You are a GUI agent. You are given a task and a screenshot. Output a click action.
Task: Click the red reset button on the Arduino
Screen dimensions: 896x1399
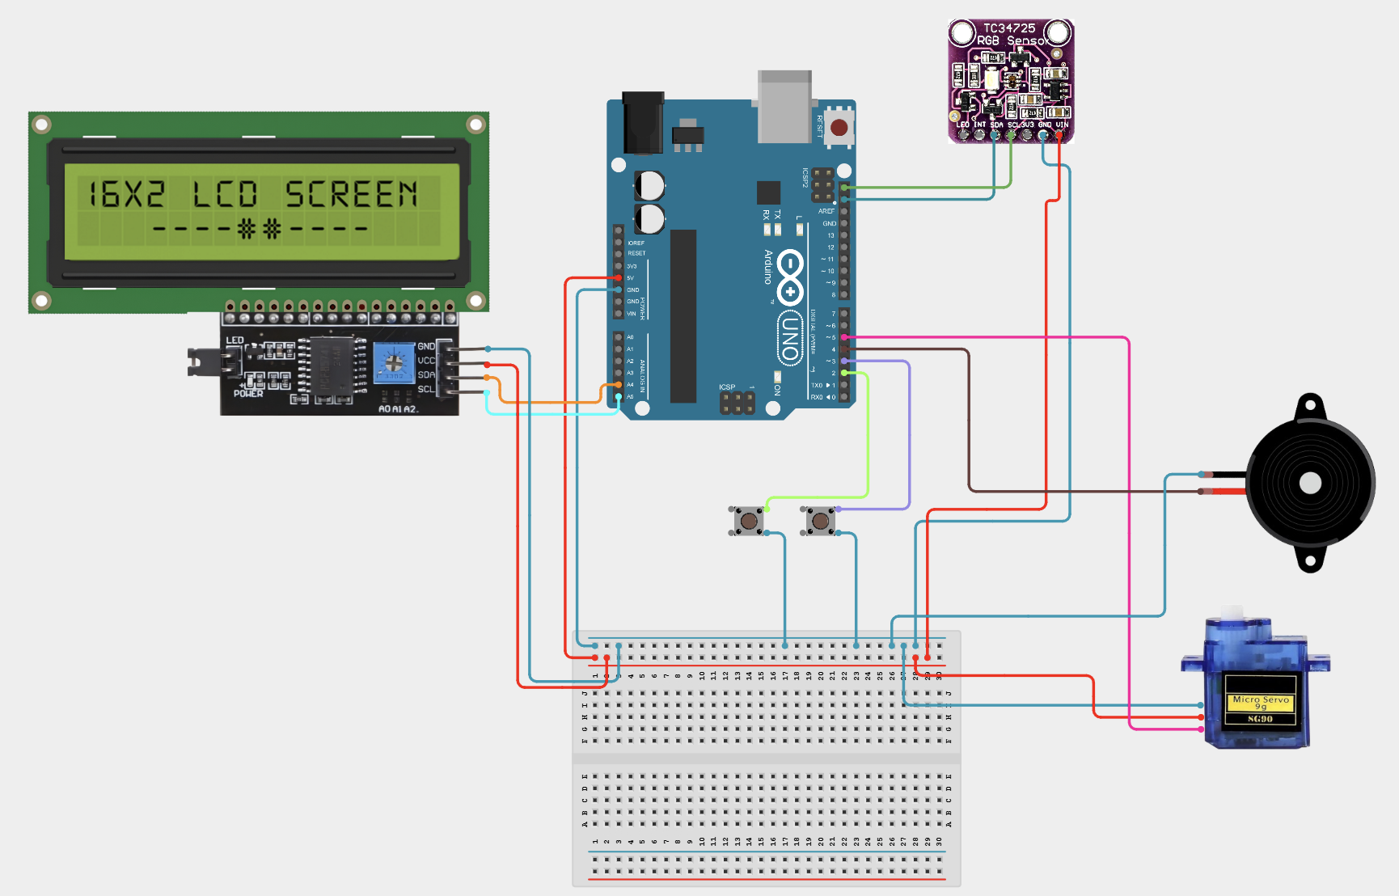[839, 128]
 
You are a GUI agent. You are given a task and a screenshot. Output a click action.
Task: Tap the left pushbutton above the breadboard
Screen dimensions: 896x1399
[749, 521]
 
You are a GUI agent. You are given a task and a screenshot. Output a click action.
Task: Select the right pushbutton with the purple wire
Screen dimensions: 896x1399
[820, 521]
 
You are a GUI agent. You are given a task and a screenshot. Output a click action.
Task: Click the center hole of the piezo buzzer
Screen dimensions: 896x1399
[1310, 484]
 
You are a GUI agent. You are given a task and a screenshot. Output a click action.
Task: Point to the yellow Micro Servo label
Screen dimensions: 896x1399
[1260, 702]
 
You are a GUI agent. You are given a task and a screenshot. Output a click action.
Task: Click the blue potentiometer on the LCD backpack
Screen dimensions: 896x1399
[393, 361]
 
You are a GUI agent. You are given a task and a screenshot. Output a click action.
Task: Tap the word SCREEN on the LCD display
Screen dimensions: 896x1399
[352, 195]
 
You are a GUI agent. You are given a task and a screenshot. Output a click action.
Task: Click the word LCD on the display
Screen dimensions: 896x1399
[225, 195]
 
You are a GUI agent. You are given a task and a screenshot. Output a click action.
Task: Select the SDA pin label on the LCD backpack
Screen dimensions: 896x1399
[425, 374]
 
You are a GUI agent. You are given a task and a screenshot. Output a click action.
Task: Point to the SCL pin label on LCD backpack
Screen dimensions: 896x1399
[425, 389]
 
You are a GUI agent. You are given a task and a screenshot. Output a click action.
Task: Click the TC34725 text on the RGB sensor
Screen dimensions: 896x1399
[1009, 27]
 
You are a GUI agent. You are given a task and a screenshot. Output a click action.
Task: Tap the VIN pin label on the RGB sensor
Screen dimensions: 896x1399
[1062, 125]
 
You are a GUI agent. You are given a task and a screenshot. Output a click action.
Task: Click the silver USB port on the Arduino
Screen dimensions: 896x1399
[784, 107]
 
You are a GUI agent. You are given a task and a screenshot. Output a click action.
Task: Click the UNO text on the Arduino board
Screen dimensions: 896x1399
[789, 337]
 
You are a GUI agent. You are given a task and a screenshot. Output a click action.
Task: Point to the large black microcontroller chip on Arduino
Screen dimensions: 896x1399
[683, 315]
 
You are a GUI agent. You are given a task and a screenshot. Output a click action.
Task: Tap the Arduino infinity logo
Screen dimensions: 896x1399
[789, 277]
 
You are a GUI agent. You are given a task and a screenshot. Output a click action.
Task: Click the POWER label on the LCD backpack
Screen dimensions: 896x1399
[248, 394]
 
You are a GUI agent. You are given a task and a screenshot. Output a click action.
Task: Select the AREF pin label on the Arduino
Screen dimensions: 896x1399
[826, 211]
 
